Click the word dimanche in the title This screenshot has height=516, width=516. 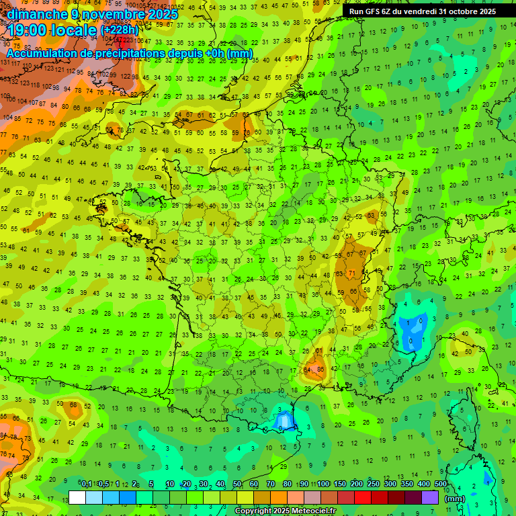[36, 14]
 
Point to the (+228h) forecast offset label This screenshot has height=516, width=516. [120, 30]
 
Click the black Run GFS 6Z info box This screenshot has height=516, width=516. [422, 11]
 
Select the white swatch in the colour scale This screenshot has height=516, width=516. [77, 498]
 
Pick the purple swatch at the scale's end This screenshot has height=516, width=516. [430, 498]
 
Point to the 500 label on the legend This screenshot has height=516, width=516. [440, 484]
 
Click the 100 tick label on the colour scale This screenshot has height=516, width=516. [323, 484]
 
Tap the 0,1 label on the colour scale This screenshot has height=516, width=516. [86, 484]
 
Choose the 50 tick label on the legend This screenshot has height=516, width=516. [237, 484]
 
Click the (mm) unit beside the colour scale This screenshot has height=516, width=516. [455, 499]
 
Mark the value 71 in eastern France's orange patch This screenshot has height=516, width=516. [352, 273]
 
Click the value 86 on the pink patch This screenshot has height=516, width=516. [320, 369]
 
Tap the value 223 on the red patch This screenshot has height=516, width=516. [128, 41]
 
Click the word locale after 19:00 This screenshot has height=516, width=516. [71, 30]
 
